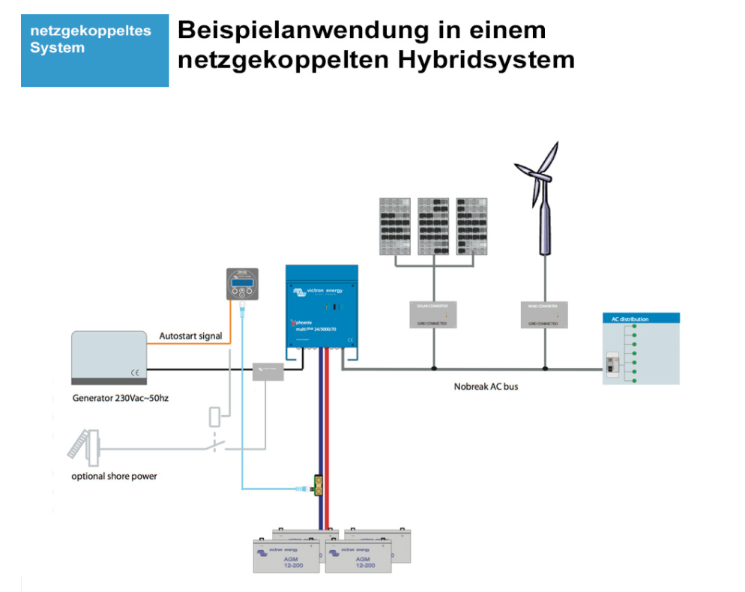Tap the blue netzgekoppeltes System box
(94, 50)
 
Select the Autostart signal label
(190, 336)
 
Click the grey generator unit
(108, 358)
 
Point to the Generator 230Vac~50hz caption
(120, 398)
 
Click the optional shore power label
(114, 476)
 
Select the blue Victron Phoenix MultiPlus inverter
(322, 308)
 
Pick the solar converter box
(433, 315)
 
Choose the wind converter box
(545, 315)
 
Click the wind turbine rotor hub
(541, 178)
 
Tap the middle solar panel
(433, 226)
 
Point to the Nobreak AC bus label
(486, 387)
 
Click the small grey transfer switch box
(268, 369)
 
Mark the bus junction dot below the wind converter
(545, 369)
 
